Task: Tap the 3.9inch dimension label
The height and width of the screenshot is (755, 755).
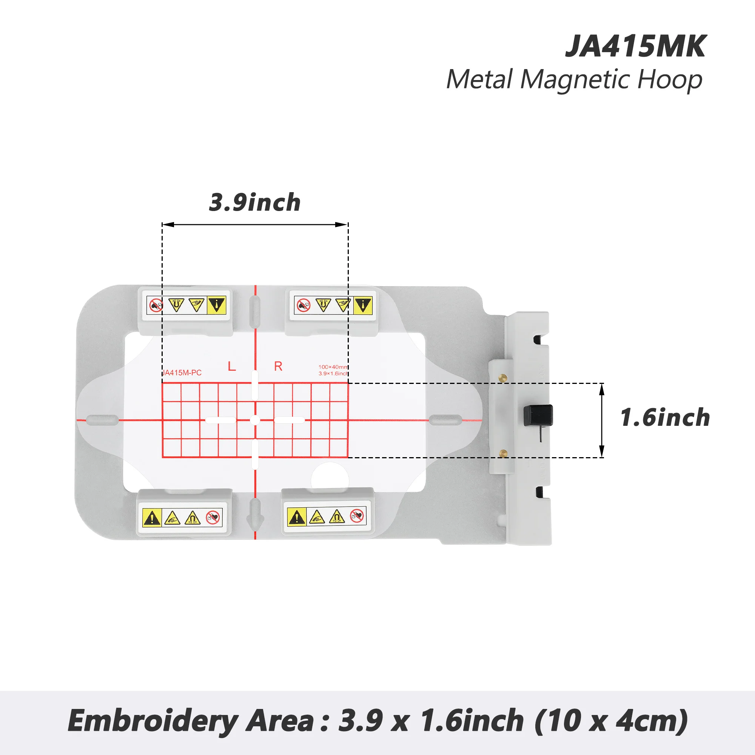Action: click(255, 202)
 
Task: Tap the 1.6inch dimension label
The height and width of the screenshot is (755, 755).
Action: click(665, 418)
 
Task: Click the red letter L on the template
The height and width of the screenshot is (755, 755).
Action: click(232, 366)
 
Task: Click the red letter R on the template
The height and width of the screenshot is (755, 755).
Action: click(278, 366)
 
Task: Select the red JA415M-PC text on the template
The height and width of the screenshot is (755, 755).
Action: click(182, 373)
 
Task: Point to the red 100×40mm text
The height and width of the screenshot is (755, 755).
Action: click(333, 367)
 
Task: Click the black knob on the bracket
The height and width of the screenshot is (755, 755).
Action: click(538, 415)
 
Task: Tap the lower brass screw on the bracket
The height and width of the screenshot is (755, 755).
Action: click(503, 453)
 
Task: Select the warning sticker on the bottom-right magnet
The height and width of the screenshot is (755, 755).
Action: click(327, 517)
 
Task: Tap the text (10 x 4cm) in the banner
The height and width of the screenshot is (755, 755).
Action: click(610, 720)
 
